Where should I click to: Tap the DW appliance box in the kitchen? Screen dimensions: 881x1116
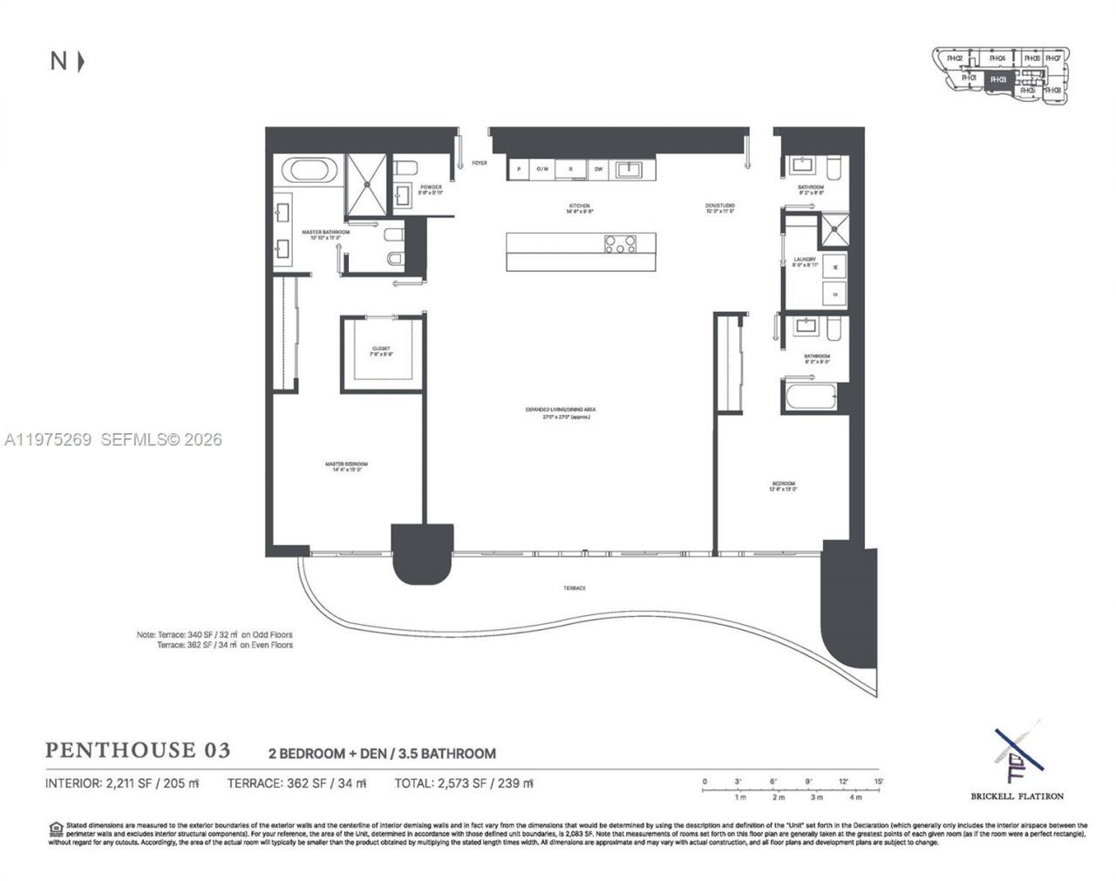point(599,169)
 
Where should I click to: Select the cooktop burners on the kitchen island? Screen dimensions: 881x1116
point(619,245)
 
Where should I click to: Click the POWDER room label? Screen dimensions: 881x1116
point(431,187)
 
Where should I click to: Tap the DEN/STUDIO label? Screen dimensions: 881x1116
point(720,207)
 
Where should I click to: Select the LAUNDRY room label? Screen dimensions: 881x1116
point(805,260)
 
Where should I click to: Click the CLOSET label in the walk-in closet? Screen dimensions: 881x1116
point(382,349)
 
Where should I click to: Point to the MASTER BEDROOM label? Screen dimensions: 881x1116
point(346,464)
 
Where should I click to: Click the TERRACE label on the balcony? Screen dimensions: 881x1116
point(574,588)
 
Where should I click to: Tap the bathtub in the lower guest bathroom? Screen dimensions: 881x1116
point(810,396)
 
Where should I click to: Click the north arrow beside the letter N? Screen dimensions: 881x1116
point(81,61)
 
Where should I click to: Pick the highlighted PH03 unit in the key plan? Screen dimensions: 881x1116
point(998,79)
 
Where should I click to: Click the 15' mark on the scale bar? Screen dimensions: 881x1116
point(879,781)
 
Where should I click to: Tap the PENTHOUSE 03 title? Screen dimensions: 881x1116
point(138,750)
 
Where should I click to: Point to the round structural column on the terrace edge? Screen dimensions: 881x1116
point(423,555)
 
